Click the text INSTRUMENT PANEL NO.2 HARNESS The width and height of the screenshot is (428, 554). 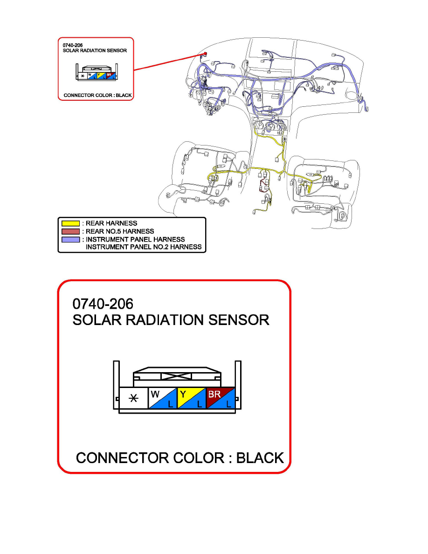pos(144,247)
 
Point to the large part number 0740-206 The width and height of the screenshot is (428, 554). pos(103,304)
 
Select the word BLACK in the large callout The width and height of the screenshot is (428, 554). pos(260,458)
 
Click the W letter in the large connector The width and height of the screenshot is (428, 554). pos(155,394)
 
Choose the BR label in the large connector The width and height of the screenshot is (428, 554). pos(214,394)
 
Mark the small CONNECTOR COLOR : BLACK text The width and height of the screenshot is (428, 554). pos(97,95)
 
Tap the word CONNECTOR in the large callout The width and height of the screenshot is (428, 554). pos(123,458)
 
